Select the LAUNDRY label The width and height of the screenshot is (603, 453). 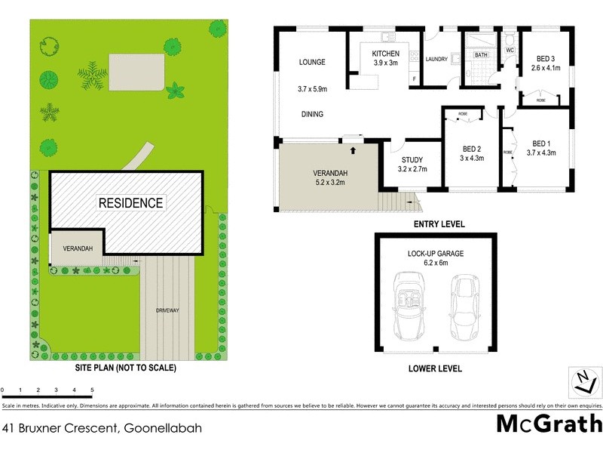437,59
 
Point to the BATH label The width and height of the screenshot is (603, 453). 480,55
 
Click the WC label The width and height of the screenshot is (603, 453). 510,51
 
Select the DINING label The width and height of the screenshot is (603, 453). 311,115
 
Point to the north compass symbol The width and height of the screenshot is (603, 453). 581,381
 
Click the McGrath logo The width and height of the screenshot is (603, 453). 549,423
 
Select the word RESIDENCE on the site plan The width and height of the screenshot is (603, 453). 130,203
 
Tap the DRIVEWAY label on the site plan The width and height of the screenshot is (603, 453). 167,310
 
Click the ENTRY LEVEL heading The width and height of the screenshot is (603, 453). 439,224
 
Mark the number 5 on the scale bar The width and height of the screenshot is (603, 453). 92,390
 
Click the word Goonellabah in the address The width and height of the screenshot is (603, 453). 163,428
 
